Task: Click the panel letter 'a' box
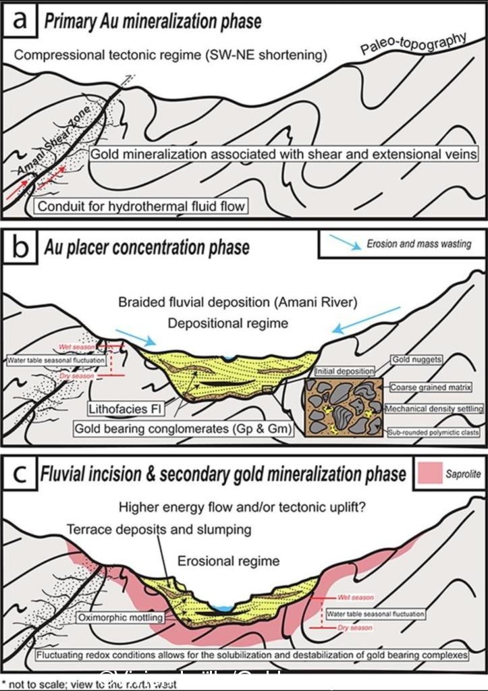[x=22, y=20]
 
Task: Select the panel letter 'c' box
[x=22, y=472]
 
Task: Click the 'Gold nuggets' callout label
[x=417, y=360]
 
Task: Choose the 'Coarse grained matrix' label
[x=430, y=388]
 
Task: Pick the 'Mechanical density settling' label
[x=433, y=409]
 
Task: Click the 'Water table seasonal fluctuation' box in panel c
[x=375, y=615]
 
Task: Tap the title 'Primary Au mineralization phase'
[x=153, y=22]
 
